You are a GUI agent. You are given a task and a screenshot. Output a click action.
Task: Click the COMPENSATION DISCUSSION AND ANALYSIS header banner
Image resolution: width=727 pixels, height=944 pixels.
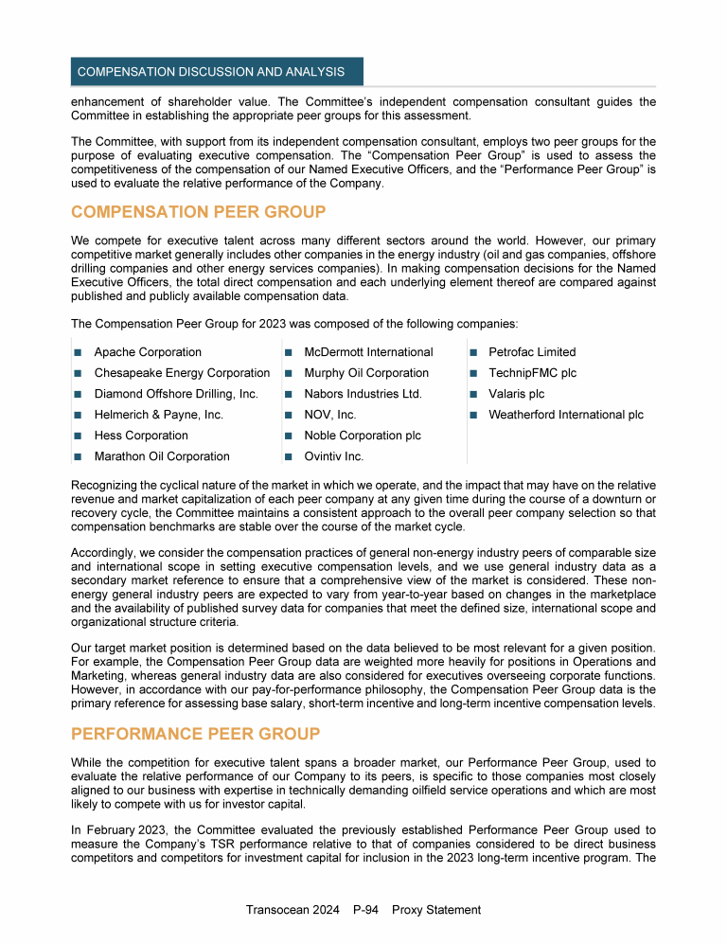click(x=217, y=72)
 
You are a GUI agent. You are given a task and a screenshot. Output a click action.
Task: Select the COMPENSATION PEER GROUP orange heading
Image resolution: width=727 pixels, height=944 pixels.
click(x=198, y=211)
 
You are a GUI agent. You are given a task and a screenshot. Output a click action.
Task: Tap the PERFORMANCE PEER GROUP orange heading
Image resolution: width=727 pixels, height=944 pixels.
click(x=195, y=734)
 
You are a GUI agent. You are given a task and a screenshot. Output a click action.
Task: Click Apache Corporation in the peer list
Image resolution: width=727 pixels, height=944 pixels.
click(x=148, y=352)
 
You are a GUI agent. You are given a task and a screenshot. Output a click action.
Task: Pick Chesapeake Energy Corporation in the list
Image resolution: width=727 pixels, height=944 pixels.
click(x=182, y=373)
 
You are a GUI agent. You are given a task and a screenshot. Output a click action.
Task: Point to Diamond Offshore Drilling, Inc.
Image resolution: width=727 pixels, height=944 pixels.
click(x=176, y=394)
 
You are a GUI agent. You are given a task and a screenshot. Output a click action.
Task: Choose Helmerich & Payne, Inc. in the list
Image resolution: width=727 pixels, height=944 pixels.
click(x=159, y=415)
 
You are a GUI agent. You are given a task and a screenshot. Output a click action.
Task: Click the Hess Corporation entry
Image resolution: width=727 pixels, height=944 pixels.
click(x=141, y=436)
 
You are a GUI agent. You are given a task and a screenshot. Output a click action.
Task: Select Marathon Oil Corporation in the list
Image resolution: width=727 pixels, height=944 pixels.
click(x=162, y=456)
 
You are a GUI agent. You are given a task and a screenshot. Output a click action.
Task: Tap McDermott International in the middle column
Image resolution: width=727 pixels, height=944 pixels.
click(x=368, y=352)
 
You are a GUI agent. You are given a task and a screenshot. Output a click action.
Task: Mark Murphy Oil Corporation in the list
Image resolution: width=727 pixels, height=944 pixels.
click(x=366, y=373)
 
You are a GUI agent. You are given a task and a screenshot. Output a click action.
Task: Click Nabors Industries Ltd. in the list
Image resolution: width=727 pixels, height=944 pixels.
click(x=363, y=394)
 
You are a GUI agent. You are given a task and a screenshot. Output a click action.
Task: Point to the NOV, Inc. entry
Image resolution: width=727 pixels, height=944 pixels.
click(x=330, y=415)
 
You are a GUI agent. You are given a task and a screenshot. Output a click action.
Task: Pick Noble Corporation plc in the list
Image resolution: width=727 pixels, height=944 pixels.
click(x=363, y=436)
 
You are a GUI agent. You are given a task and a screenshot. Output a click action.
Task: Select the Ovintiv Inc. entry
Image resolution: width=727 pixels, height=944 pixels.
click(x=334, y=456)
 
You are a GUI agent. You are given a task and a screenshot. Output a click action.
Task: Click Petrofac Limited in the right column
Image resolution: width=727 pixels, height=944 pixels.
click(x=532, y=352)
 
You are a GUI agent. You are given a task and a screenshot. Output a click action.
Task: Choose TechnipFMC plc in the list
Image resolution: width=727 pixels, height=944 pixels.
click(x=532, y=373)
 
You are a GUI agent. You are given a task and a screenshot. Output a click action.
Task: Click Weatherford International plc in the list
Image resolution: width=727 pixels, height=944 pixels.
click(x=566, y=415)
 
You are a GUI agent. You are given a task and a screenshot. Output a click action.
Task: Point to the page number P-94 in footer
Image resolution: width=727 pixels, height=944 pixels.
click(x=365, y=910)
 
